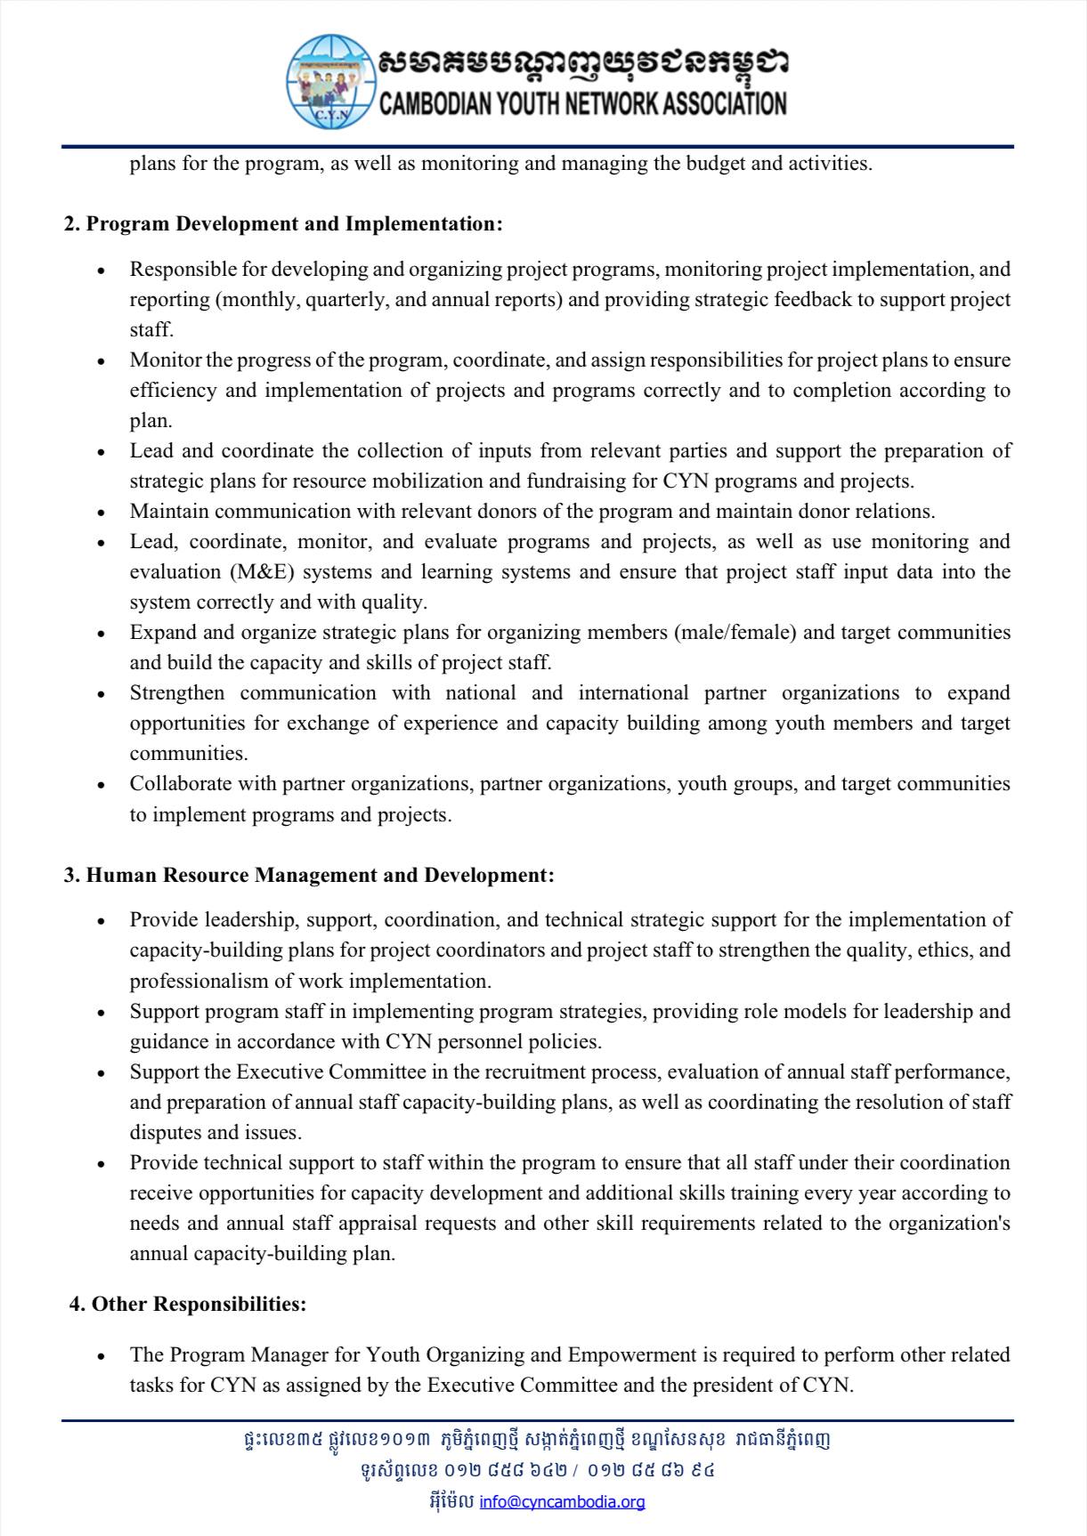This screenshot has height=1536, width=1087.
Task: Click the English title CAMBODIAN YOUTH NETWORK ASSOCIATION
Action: pos(583,105)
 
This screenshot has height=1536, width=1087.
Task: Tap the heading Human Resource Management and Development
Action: pos(309,875)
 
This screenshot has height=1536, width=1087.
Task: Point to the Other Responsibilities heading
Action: pos(188,1304)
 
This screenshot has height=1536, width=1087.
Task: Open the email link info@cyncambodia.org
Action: pos(562,1502)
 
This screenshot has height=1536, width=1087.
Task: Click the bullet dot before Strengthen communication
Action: pos(101,694)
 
